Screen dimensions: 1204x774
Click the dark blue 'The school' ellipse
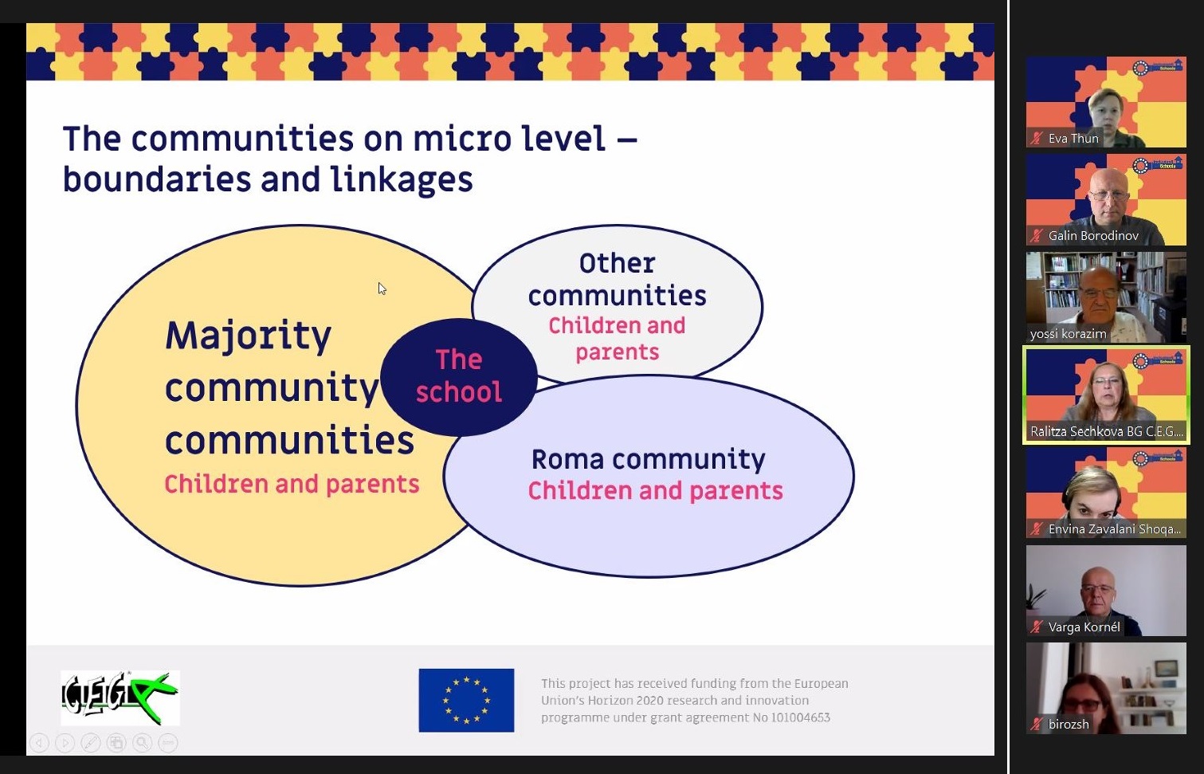pyautogui.click(x=458, y=376)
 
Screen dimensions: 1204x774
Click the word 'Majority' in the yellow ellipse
pyautogui.click(x=248, y=336)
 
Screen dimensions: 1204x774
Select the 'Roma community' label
pyautogui.click(x=648, y=460)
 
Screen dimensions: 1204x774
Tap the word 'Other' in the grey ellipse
pyautogui.click(x=617, y=264)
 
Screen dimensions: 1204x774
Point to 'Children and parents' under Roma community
pyautogui.click(x=655, y=491)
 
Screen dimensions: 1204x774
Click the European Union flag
pyautogui.click(x=466, y=700)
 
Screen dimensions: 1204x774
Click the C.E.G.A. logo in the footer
pyautogui.click(x=120, y=697)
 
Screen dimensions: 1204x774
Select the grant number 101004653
pyautogui.click(x=800, y=717)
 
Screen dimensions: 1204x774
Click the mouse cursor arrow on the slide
pyautogui.click(x=382, y=289)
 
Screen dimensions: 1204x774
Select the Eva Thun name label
pyautogui.click(x=1073, y=138)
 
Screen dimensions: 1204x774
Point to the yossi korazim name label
pyautogui.click(x=1068, y=333)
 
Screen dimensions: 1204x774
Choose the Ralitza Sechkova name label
pyautogui.click(x=1106, y=431)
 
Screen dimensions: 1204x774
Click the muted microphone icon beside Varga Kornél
pyautogui.click(x=1037, y=627)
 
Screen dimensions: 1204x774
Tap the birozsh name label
pyautogui.click(x=1069, y=724)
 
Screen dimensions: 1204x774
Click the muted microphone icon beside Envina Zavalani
pyautogui.click(x=1037, y=528)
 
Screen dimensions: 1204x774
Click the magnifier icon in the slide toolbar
pyautogui.click(x=142, y=743)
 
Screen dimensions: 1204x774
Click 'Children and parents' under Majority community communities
pyautogui.click(x=292, y=484)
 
